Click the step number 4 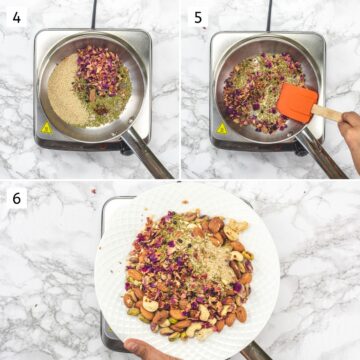click(x=14, y=17)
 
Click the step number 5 click(x=198, y=17)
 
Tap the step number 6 click(x=15, y=198)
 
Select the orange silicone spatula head click(x=296, y=102)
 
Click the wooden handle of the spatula click(x=327, y=113)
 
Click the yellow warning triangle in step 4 click(x=45, y=128)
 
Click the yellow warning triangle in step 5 click(x=222, y=128)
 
